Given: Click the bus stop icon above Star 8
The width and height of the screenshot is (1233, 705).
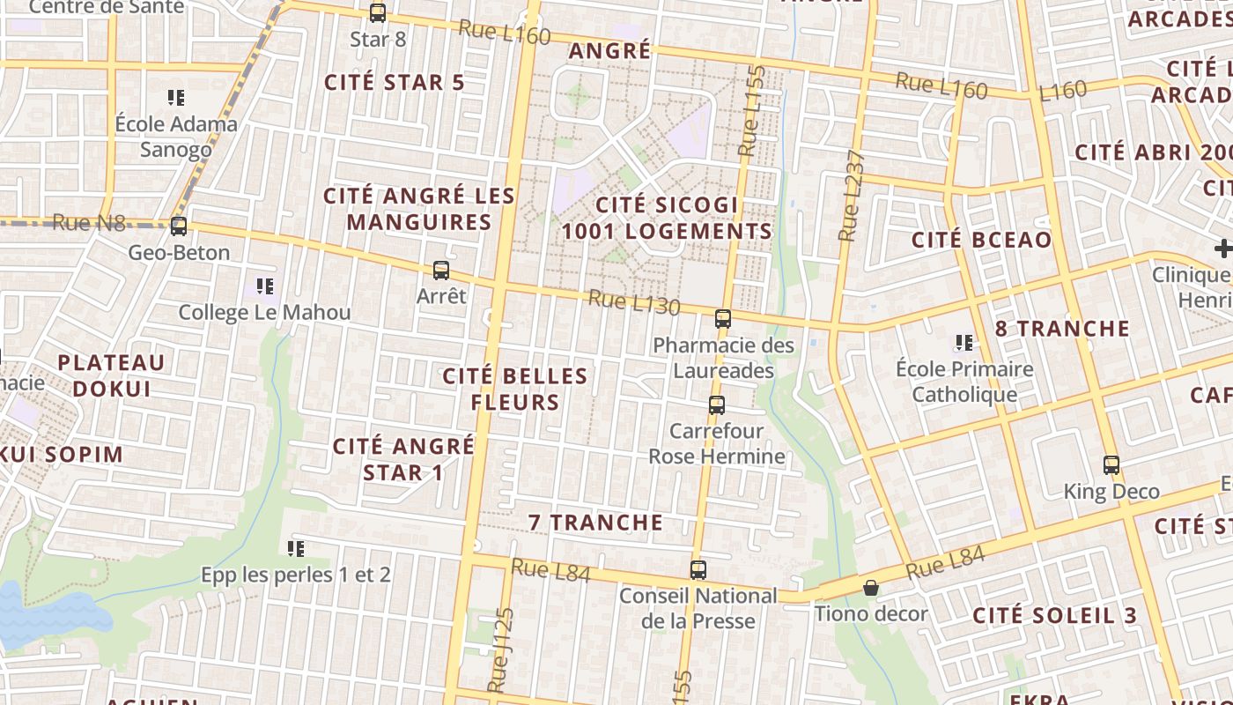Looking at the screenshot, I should pos(378,13).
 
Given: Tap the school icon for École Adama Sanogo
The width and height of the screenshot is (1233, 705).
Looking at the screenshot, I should pos(176,98).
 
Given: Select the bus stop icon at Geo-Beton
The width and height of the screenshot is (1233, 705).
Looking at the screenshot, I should pos(179,226).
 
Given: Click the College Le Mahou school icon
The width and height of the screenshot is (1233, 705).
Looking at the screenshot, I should pos(264,286).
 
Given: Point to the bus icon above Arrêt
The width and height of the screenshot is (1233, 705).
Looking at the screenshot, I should pos(441,271).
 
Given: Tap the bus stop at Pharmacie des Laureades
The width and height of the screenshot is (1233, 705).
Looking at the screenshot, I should pos(723,319).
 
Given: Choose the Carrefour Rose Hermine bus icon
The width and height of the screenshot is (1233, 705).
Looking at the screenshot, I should pos(717,405).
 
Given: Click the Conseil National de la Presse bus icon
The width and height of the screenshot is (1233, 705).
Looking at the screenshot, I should pos(698,570).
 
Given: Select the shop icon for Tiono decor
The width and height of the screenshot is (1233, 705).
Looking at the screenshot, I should pos(871,588).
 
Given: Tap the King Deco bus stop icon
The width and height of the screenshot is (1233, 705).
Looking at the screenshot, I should pos(1111,465).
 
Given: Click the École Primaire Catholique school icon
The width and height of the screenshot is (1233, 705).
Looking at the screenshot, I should pos(964,343).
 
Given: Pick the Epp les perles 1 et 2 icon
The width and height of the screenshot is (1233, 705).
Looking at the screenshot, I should pos(296,549).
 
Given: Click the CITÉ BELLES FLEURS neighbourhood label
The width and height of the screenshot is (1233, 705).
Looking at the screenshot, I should pos(515,390).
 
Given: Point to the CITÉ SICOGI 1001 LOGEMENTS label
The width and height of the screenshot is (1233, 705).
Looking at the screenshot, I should pos(667,219).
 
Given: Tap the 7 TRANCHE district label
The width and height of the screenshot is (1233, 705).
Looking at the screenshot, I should pos(595,523).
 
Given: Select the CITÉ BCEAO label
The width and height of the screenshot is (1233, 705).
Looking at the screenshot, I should pos(981,240).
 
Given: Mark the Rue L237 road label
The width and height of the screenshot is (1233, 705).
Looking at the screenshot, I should pos(852,197).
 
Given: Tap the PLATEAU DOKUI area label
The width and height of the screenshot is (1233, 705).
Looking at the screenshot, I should pos(112,375).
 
